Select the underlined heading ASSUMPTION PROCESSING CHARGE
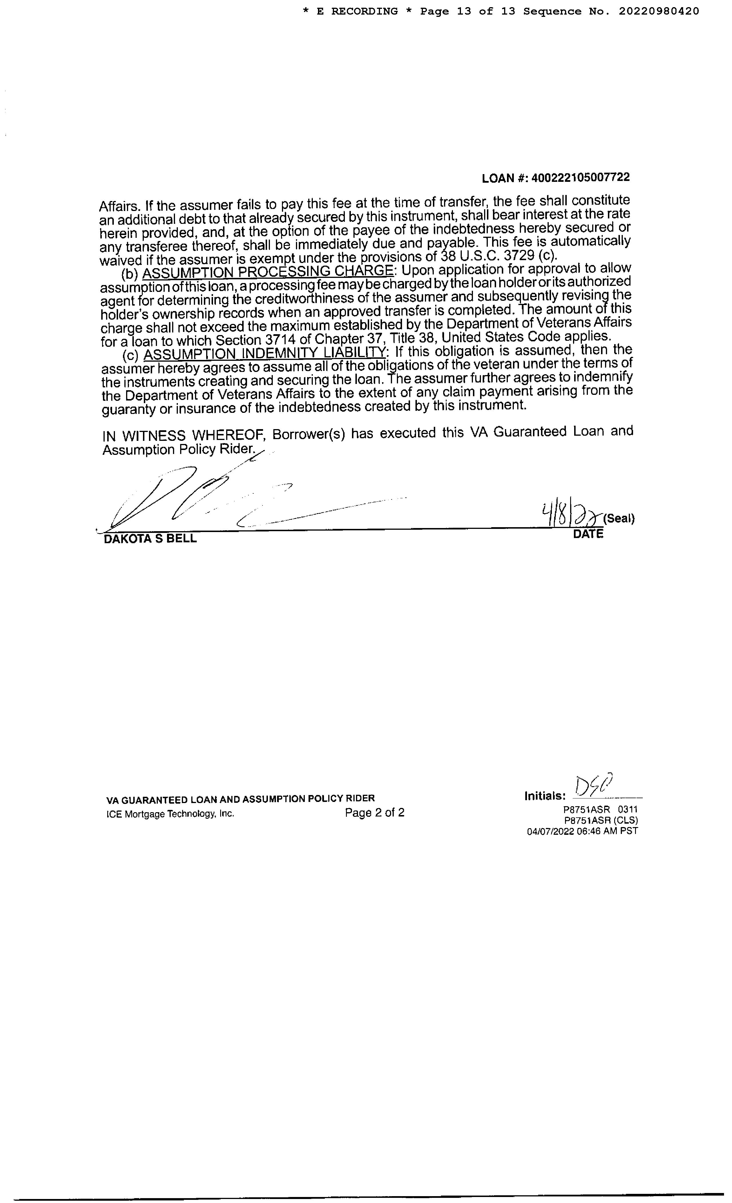268,272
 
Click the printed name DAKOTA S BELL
150,539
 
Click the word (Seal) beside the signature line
619,519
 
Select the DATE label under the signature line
588,534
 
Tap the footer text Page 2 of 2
375,812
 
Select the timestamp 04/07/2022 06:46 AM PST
582,831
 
